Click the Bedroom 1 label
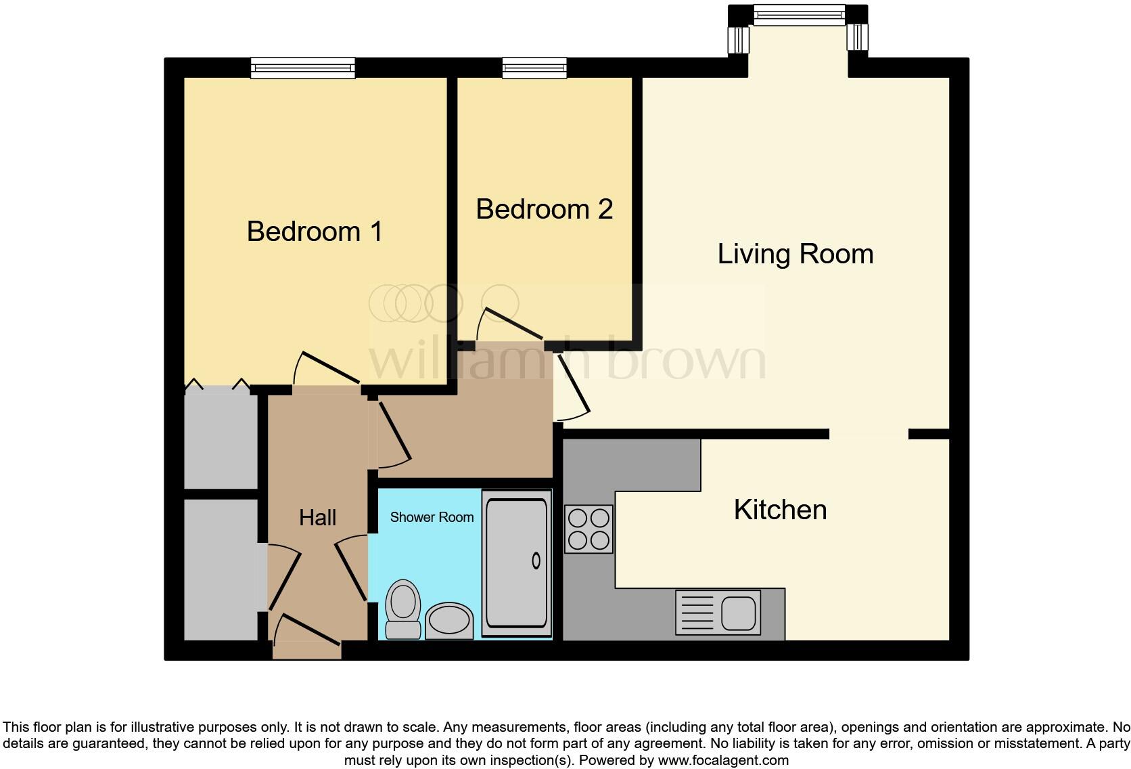coord(315,232)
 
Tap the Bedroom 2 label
coord(544,209)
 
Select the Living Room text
coord(795,254)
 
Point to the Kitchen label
coord(780,510)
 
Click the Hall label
coord(317,518)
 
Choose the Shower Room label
coord(432,517)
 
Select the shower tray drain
coord(536,561)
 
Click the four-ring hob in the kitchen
coord(588,529)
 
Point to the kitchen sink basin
coord(738,613)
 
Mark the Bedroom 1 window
coord(302,67)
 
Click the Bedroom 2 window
coord(534,67)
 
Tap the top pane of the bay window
coord(799,14)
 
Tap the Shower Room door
coord(352,568)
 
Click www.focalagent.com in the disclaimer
coord(722,760)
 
